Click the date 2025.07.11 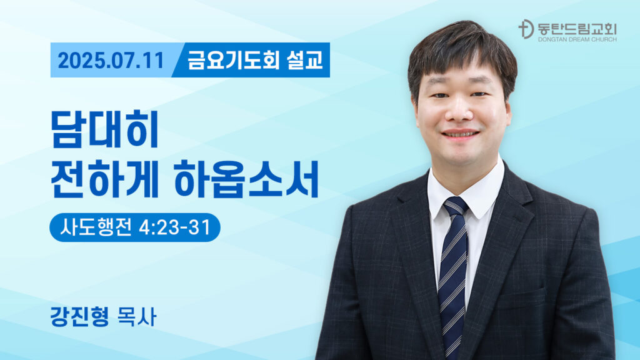[111, 61]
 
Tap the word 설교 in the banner [305, 60]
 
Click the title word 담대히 [104, 129]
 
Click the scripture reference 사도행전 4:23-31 [135, 227]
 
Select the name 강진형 [79, 316]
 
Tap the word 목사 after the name [137, 316]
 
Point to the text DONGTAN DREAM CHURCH [577, 39]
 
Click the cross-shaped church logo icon [526, 29]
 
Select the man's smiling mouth [461, 134]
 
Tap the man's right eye [439, 96]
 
